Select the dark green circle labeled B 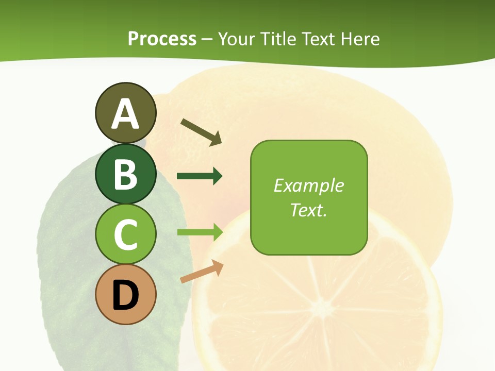(x=125, y=174)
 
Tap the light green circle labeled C (x=125, y=234)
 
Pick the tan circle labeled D (x=125, y=294)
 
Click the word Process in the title (x=162, y=39)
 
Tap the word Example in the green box (x=308, y=185)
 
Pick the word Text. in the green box (x=308, y=210)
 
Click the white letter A (x=125, y=114)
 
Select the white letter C (x=125, y=235)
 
